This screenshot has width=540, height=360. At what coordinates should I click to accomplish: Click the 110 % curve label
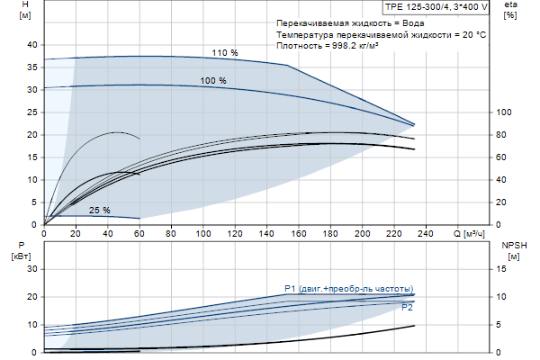coord(225,53)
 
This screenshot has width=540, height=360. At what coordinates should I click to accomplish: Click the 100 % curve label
coord(213,81)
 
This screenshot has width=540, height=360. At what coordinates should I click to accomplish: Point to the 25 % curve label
coord(99,211)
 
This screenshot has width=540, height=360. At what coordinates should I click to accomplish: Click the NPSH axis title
coord(511,249)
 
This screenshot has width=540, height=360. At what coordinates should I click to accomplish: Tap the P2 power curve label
coord(407,308)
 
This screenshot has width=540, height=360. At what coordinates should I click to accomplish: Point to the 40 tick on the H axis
coord(32,45)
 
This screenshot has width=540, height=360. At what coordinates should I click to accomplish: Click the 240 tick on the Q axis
coord(428,234)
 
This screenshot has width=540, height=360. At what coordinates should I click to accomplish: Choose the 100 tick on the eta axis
coord(504,112)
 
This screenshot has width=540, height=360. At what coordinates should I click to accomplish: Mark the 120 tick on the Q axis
coord(237,234)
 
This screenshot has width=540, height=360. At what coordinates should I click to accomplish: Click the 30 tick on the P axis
coord(32,268)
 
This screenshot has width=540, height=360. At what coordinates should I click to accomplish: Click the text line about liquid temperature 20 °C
coord(382,33)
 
